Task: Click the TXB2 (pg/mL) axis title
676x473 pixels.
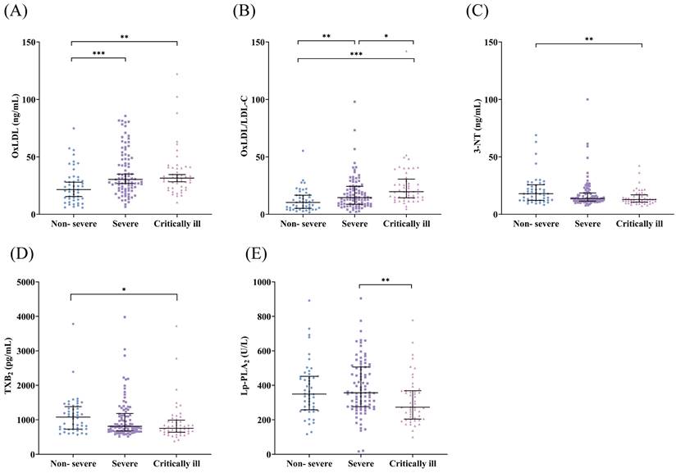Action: (11, 368)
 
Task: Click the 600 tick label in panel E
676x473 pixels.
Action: (272, 351)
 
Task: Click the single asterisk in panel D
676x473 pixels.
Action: (125, 289)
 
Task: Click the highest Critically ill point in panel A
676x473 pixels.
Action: (176, 75)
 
